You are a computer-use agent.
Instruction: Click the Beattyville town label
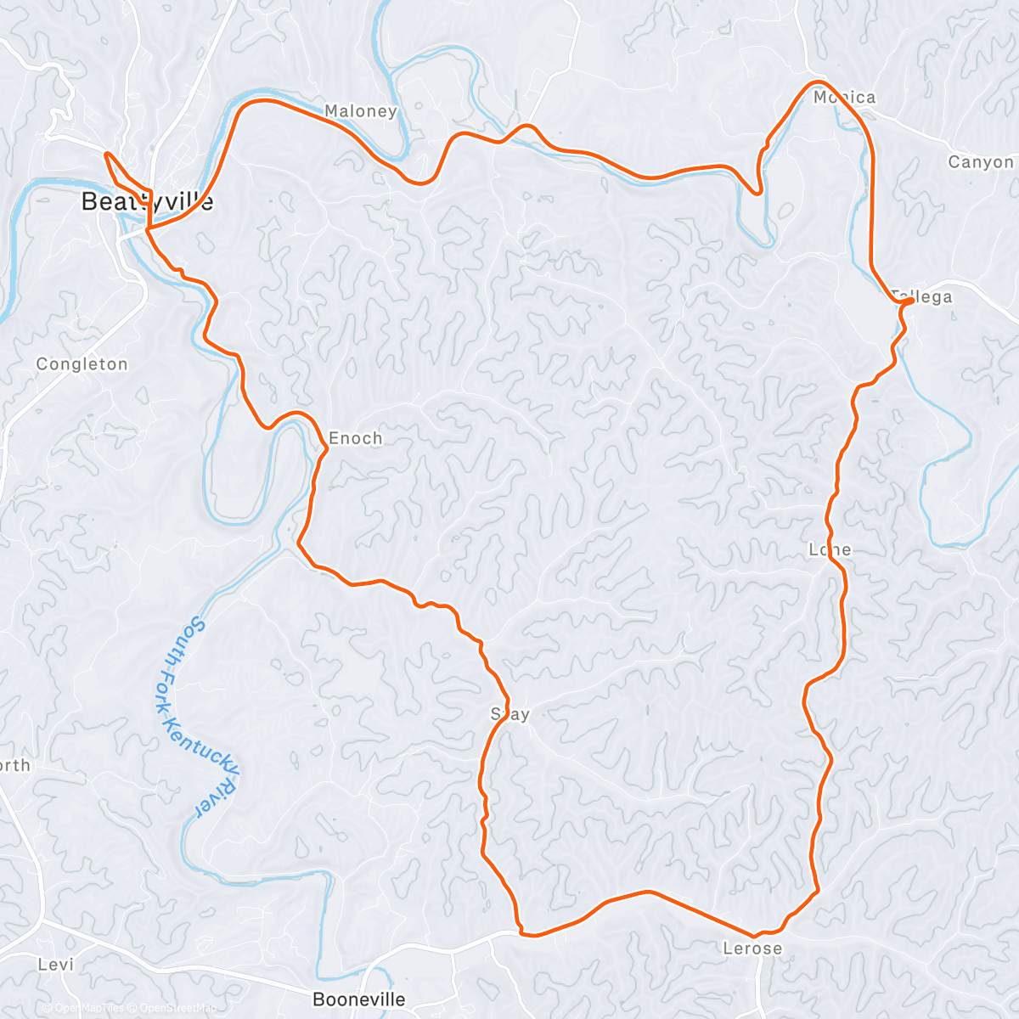coord(147,201)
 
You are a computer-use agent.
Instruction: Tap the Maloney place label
coord(361,111)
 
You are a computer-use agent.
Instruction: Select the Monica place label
coord(844,98)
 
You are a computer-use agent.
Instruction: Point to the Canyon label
coord(981,162)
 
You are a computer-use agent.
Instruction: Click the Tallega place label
coord(922,296)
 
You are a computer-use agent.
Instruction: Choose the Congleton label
coord(82,364)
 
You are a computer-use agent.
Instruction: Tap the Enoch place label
coord(355,438)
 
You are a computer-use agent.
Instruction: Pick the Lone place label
coord(830,549)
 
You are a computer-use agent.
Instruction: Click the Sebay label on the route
coord(510,714)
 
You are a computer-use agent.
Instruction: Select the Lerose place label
coord(752,949)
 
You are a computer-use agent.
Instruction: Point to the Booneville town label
coord(359,999)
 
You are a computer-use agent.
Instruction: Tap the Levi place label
coord(56,965)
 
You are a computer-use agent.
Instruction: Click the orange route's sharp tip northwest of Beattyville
coord(106,154)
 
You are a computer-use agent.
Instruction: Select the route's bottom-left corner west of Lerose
coord(523,933)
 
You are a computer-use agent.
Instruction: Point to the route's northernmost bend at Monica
coord(817,82)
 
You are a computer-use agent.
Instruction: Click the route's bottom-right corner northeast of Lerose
coord(817,891)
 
